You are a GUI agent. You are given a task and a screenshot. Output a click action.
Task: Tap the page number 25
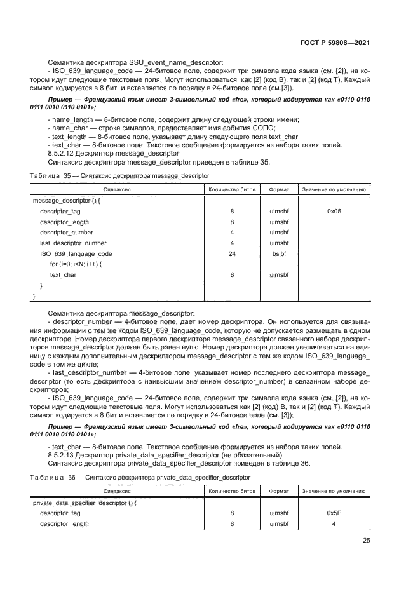coord(366,541)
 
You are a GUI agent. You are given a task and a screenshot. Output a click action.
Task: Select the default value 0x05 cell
coord(334,212)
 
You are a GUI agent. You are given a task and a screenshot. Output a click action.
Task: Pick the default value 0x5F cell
coord(334,513)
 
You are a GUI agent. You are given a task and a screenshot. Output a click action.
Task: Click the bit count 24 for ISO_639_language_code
coord(232,253)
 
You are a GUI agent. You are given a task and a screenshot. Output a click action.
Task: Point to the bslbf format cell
coord(279,253)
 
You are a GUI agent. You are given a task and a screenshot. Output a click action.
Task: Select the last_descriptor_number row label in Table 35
coord(73,243)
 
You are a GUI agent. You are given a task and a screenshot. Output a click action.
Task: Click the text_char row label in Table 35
coord(64,274)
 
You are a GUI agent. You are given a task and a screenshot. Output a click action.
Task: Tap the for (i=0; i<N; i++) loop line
coord(76,264)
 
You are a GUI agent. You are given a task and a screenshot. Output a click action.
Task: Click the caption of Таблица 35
coord(120,175)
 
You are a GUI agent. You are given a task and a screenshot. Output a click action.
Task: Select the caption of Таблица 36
coord(140,476)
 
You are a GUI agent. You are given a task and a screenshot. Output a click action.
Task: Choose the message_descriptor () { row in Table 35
coord(66,200)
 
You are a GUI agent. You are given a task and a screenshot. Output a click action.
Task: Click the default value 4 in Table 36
coord(334,523)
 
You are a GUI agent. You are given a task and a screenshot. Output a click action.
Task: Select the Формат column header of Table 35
coord(279,189)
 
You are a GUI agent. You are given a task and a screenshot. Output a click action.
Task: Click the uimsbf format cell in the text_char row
coord(279,274)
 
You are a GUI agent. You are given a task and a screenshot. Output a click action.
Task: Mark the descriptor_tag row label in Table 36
coord(60,513)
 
